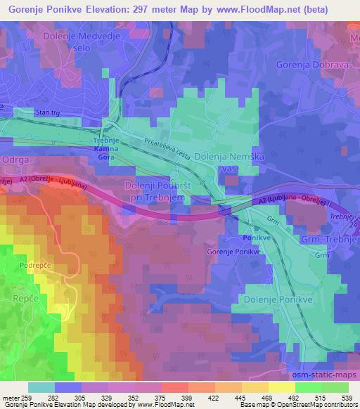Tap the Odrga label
19,160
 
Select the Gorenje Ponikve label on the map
229,252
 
